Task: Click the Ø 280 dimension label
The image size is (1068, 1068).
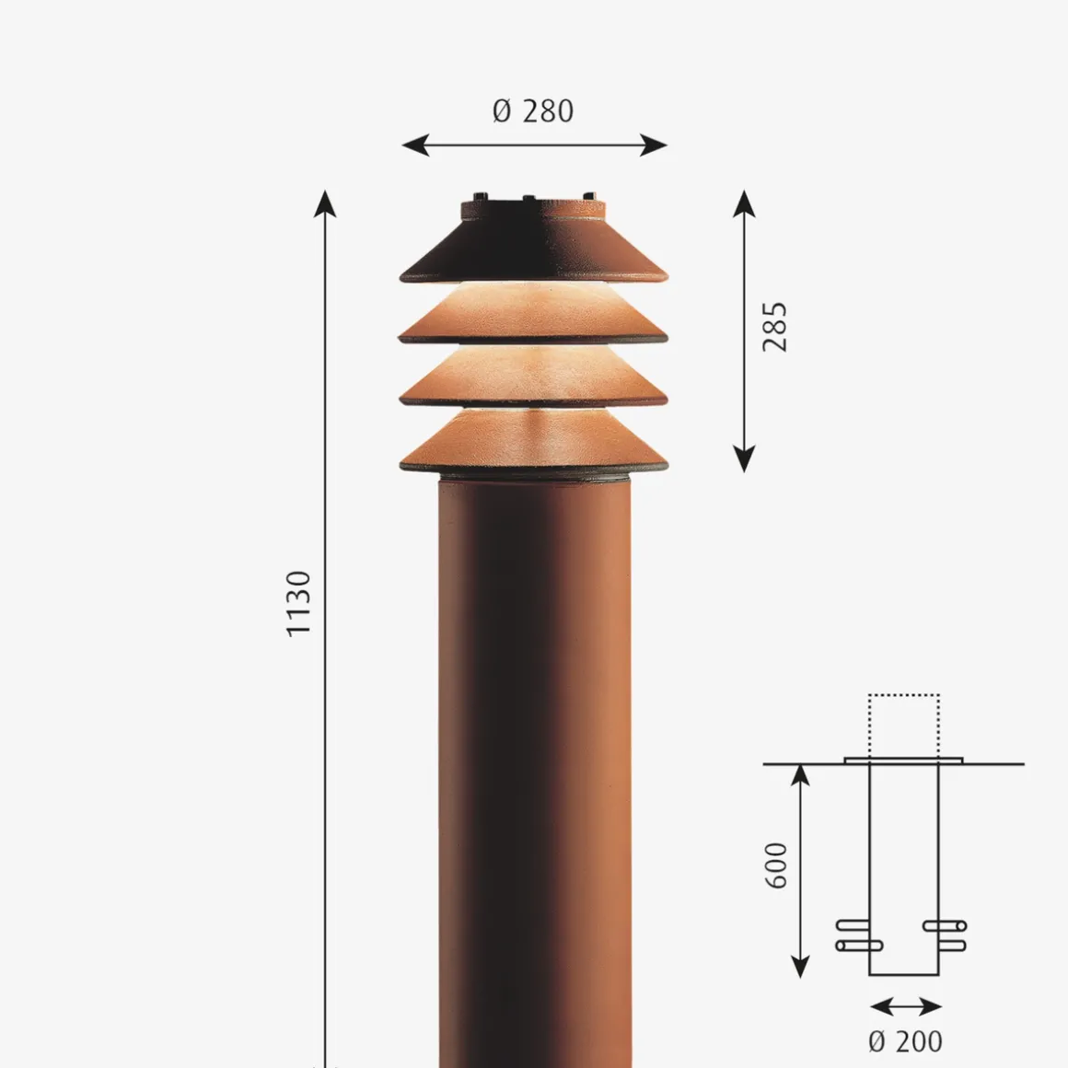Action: click(533, 111)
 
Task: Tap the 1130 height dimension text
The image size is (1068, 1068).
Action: click(299, 603)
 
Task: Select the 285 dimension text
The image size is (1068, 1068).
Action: click(775, 327)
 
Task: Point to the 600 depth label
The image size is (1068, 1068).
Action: click(777, 865)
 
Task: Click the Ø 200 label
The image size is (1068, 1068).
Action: click(905, 1041)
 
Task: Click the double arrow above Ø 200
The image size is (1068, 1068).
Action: click(905, 1006)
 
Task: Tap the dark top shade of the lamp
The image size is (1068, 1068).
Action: click(534, 249)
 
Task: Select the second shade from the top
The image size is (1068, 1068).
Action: click(534, 319)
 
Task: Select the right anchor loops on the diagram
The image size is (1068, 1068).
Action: click(945, 934)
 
